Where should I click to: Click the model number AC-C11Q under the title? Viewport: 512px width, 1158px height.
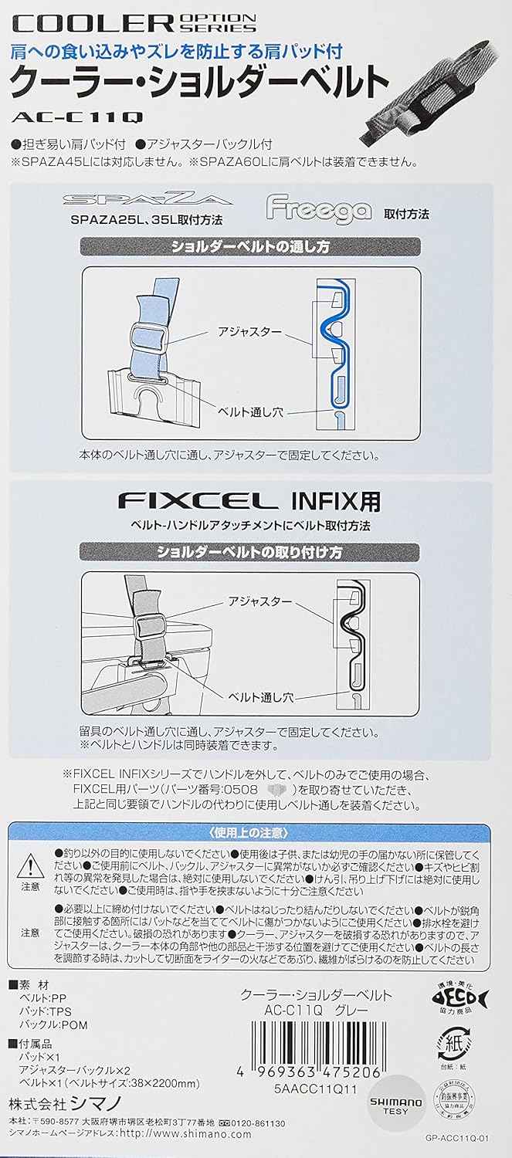77,117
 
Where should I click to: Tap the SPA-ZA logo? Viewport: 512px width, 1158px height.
147,199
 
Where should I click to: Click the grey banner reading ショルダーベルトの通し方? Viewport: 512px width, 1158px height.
249,246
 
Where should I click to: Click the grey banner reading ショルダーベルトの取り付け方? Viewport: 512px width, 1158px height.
249,552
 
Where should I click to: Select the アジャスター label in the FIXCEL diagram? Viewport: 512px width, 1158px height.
260,601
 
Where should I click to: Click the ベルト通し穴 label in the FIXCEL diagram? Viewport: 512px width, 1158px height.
260,697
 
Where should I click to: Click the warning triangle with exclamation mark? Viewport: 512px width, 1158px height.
31,866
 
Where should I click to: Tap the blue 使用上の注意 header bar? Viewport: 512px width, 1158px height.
249,833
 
